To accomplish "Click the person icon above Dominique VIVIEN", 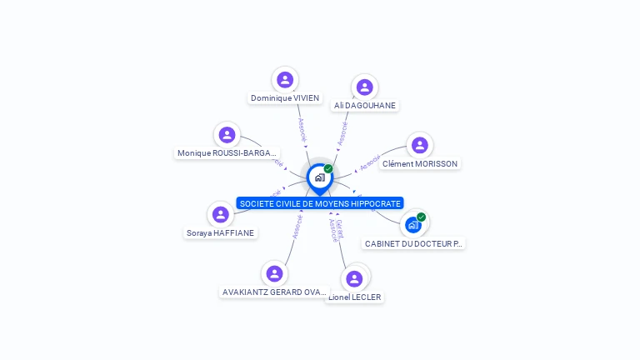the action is pos(285,80).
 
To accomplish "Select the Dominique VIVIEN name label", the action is pos(285,98).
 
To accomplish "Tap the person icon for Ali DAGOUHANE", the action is pos(364,87).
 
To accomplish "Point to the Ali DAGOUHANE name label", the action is pos(365,106).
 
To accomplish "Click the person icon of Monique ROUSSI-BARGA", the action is pos(227,135).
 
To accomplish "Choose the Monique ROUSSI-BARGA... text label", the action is pos(227,153).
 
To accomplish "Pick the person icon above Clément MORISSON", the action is pos(419,146).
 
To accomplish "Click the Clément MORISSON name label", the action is pos(420,164).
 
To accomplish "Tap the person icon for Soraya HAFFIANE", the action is pos(220,215).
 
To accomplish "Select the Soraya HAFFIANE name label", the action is pos(220,233).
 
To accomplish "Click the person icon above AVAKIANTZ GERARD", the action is pos(274,274).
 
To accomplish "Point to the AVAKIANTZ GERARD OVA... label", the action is pos(274,292).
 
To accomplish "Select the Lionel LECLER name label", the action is pos(356,297).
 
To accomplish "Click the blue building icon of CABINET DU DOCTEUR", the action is pos(412,224).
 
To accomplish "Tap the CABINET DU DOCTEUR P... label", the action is pos(413,244).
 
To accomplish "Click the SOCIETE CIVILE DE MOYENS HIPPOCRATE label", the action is pos(320,203).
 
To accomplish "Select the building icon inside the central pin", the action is pos(319,177).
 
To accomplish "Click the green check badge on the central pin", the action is pos(328,169).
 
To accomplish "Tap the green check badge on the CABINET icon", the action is pos(421,217).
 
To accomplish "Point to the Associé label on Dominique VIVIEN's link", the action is pos(302,129).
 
